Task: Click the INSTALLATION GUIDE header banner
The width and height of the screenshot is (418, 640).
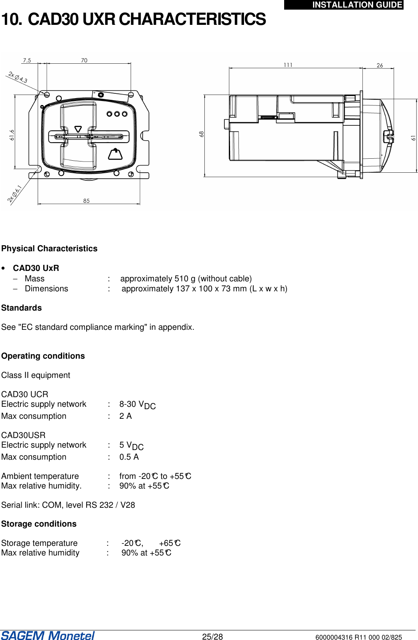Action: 344,5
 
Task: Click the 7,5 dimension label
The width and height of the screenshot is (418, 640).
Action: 27,61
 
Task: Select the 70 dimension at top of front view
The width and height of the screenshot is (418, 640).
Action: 84,61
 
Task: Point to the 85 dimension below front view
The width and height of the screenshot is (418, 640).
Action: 87,201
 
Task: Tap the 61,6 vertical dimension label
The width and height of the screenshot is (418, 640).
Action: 12,135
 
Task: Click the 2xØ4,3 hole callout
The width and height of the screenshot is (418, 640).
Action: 18,77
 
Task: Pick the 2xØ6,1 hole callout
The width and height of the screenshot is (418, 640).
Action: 15,194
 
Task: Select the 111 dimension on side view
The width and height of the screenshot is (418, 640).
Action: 288,65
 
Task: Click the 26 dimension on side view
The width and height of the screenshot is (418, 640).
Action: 380,65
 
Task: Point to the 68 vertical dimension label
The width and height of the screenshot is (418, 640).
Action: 202,134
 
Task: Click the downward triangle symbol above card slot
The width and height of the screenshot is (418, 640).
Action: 78,129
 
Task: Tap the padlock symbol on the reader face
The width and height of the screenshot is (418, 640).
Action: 115,154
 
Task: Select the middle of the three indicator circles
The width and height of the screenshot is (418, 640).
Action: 117,114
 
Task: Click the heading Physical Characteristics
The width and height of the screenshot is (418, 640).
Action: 49,248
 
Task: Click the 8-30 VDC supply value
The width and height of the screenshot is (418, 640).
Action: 137,405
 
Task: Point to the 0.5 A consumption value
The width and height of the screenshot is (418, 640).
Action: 129,457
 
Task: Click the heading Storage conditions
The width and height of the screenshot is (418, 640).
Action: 39,524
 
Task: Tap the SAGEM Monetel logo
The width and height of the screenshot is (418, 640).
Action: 48,636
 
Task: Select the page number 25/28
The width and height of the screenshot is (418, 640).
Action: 212,637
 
